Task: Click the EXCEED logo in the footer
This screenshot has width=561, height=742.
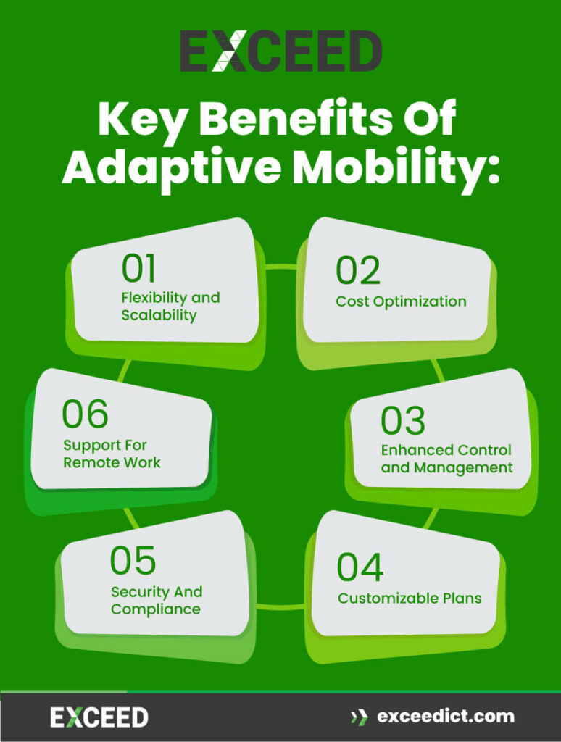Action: click(x=99, y=717)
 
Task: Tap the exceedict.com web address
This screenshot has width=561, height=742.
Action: click(x=445, y=717)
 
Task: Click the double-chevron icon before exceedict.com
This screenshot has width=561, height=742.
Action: click(x=359, y=717)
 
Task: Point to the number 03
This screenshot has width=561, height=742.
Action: click(x=403, y=420)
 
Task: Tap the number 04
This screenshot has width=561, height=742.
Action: click(x=360, y=567)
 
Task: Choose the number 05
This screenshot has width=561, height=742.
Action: click(x=133, y=561)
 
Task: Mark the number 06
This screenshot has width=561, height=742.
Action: click(x=85, y=414)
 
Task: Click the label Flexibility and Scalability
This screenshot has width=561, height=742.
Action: click(x=170, y=307)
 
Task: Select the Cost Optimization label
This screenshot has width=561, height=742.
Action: click(x=401, y=301)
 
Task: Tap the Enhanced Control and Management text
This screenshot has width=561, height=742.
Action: click(x=446, y=459)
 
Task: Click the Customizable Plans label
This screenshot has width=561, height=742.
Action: click(x=410, y=599)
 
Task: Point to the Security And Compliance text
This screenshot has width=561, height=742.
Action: click(x=157, y=601)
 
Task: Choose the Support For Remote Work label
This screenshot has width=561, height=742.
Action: click(x=112, y=454)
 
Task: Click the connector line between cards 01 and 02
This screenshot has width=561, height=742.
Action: click(x=281, y=267)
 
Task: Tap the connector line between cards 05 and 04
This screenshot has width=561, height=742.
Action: click(x=280, y=605)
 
